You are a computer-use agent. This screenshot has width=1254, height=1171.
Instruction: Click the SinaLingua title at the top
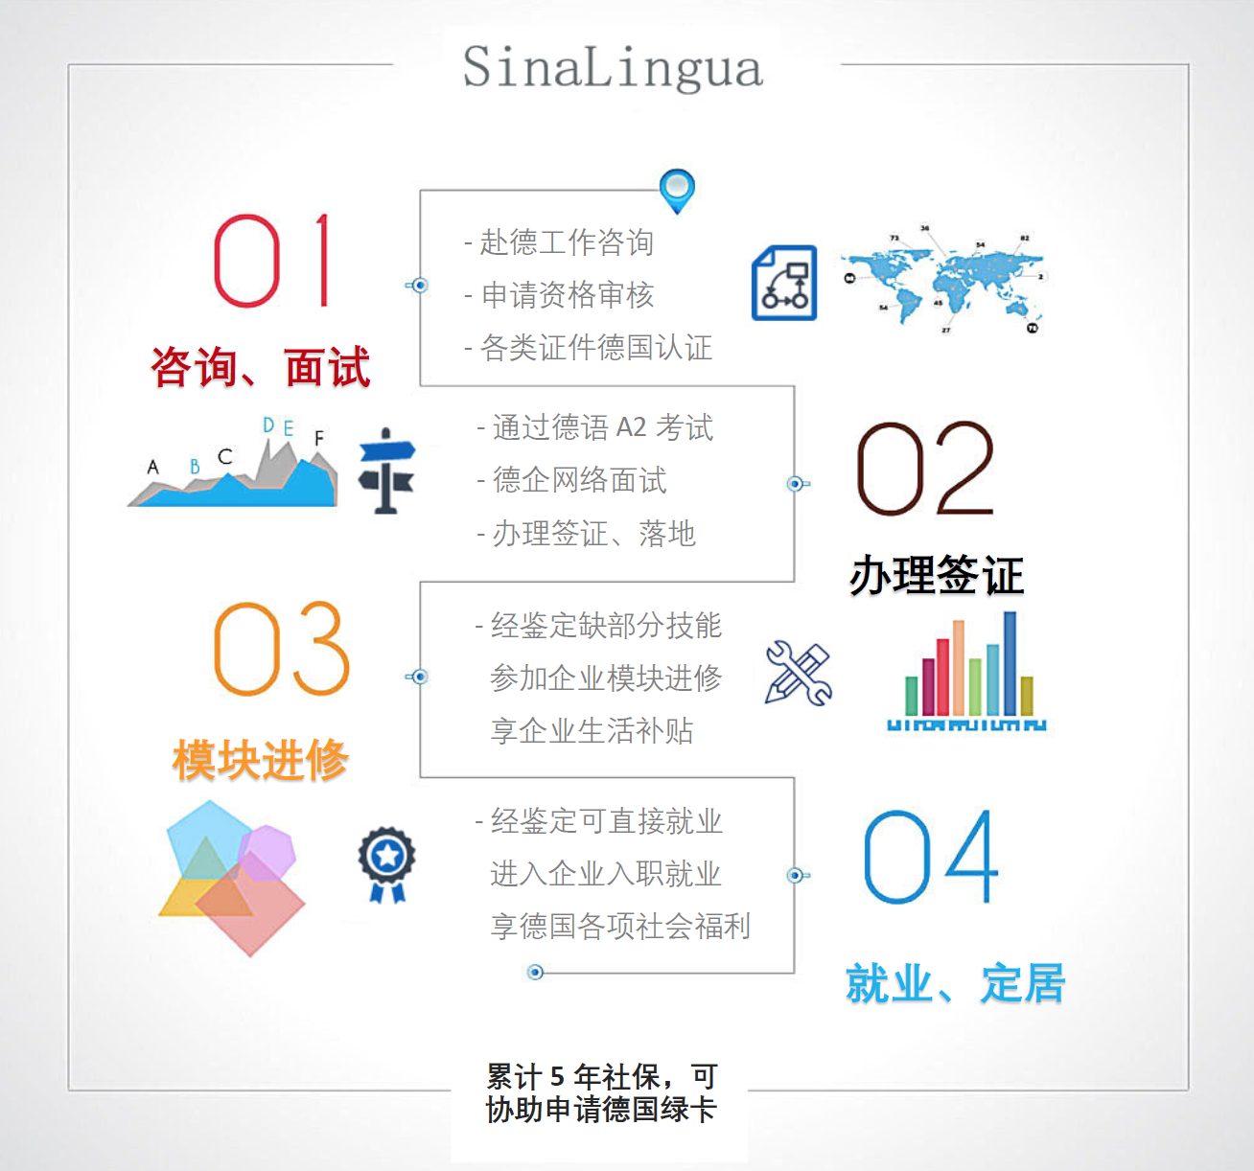pos(613,68)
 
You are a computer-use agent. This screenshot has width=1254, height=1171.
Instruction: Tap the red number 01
pos(271,260)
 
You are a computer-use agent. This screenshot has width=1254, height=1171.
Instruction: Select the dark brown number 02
pos(925,468)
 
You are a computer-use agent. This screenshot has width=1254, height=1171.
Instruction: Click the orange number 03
pos(281,648)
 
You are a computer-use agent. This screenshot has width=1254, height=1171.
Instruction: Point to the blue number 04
pos(931,856)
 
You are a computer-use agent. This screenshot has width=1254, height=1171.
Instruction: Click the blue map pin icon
pos(677,192)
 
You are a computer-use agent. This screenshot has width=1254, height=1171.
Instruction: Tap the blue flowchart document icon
pos(784,283)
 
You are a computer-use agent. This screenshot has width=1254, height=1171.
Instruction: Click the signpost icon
pos(386,471)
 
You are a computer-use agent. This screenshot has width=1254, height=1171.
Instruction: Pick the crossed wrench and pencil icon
pos(798,673)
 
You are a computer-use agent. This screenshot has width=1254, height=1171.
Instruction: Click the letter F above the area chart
pos(319,438)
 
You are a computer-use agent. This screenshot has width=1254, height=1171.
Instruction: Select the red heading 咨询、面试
pos(260,366)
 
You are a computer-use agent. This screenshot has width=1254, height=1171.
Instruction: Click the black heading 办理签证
pos(937,575)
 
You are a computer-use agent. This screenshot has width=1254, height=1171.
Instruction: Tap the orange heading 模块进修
pos(260,759)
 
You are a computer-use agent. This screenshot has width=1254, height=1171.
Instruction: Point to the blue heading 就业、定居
pos(955,983)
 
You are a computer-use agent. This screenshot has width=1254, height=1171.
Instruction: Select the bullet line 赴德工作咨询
pos(559,242)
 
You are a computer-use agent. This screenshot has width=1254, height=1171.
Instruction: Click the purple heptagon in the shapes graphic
pos(268,852)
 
